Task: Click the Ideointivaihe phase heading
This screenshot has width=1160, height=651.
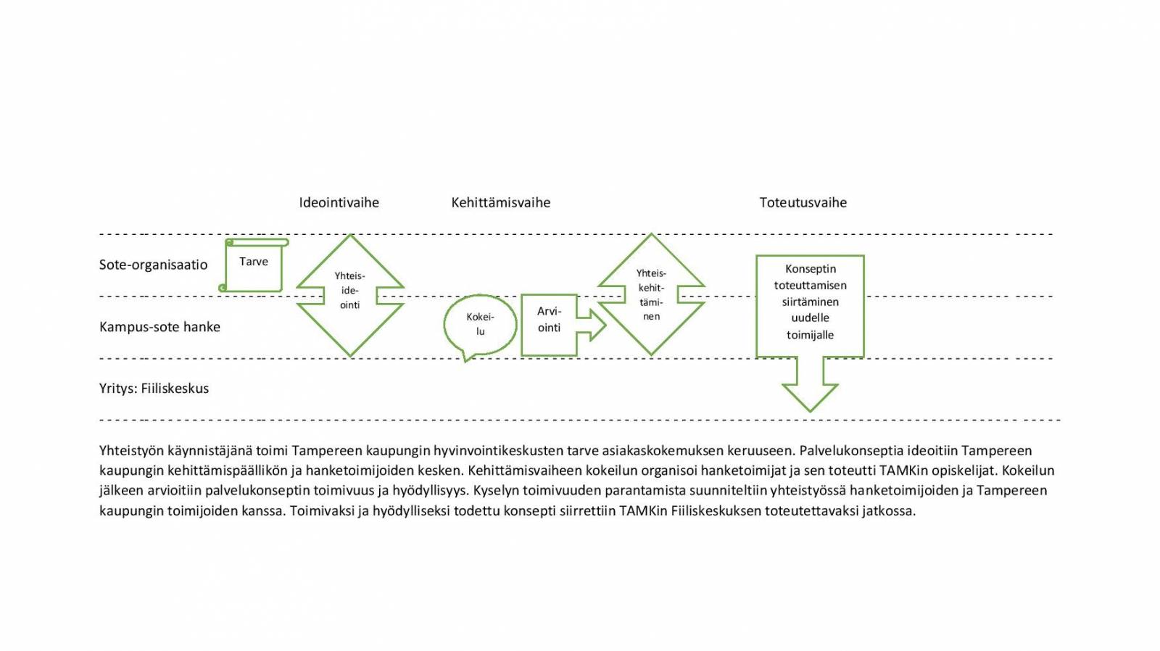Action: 339,203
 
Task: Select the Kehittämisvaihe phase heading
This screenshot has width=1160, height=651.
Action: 500,203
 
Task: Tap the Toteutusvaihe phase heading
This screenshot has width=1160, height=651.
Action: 803,203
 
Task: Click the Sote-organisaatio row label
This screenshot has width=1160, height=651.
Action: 153,265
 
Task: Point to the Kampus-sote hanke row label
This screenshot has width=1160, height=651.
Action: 159,327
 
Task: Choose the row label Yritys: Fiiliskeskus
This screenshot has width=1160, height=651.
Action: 154,389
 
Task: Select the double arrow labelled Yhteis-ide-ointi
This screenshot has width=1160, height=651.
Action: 350,294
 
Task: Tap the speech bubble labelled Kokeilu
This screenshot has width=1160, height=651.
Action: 480,324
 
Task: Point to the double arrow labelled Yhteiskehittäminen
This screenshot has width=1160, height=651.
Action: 651,294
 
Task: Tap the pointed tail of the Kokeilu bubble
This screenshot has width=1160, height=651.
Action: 466,357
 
